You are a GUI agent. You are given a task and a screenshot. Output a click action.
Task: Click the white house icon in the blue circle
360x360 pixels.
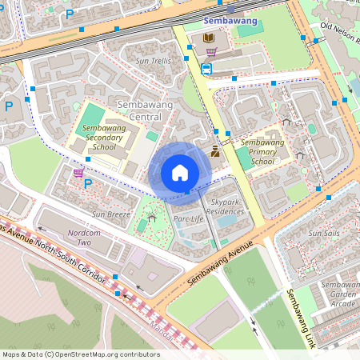coord(179,173)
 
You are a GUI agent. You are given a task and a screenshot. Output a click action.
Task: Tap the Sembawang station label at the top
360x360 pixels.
coord(230,20)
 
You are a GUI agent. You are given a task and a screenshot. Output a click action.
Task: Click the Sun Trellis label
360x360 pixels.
coord(153,61)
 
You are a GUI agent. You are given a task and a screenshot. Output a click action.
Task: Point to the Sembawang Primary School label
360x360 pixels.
coord(262,151)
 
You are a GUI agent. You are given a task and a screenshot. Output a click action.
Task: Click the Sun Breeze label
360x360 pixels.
coord(110,214)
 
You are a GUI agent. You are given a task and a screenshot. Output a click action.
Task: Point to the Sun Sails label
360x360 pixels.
coord(325,233)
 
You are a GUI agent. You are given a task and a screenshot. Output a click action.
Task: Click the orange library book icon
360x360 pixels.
coord(209,38)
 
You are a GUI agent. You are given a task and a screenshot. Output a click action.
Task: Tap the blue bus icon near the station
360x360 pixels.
coord(206,69)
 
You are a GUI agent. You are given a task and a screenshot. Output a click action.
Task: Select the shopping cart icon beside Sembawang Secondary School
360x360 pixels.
coord(78,172)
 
